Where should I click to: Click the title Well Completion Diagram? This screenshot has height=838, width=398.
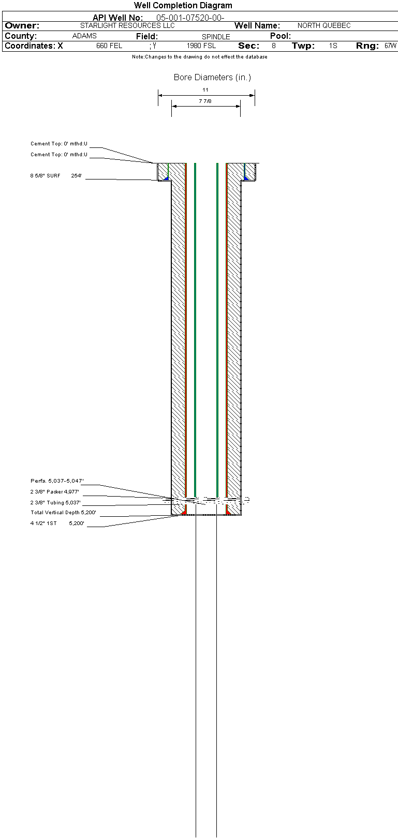tap(183, 5)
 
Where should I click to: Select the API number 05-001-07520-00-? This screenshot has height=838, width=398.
tap(190, 18)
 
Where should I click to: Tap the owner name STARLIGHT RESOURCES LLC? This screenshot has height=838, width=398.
tap(127, 25)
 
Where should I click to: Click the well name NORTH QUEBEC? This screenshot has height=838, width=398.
tap(324, 25)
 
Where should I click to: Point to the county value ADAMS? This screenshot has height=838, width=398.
tap(84, 36)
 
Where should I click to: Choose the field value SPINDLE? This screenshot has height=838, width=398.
tap(216, 37)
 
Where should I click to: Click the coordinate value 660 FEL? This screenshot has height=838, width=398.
tap(109, 46)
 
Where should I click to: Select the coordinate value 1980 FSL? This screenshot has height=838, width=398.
tap(201, 46)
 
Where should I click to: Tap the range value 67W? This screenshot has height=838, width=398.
tap(390, 46)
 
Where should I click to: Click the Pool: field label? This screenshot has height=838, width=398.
tap(281, 36)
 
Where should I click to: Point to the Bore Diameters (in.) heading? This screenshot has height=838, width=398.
tap(212, 78)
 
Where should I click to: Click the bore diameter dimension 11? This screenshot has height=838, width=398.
tap(205, 90)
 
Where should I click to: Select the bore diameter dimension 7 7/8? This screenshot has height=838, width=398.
tap(205, 101)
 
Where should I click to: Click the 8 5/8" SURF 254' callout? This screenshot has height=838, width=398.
tap(56, 175)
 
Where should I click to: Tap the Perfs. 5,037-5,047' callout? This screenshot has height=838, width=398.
tap(57, 481)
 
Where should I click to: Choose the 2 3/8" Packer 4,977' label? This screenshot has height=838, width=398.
tap(55, 491)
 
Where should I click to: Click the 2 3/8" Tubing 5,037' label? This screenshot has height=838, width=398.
tap(55, 502)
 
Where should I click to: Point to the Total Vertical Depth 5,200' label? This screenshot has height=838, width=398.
tap(63, 513)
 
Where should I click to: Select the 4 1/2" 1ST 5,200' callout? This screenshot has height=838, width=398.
tap(57, 523)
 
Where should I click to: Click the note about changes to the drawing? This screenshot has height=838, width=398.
tap(200, 57)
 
